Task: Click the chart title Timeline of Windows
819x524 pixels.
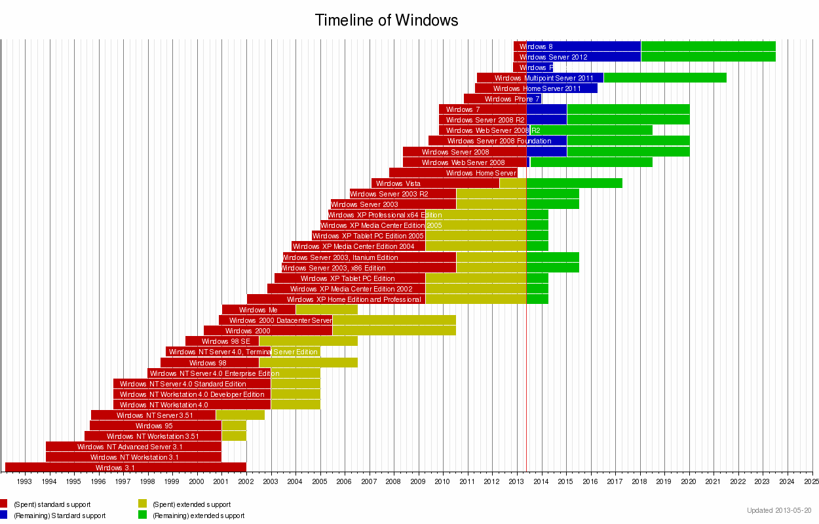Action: [x=387, y=20]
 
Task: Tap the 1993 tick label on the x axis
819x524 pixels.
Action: [x=25, y=481]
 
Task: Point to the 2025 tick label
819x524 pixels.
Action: [x=812, y=481]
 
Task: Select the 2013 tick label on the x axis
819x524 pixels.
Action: [x=516, y=481]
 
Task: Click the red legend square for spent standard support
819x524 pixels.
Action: [x=3, y=504]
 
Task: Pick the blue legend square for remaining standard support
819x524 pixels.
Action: [x=3, y=515]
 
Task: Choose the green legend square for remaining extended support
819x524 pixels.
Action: [x=142, y=515]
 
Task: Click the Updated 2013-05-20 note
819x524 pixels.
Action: [x=779, y=510]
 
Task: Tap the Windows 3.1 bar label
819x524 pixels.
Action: [x=115, y=468]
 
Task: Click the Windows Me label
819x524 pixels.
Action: [x=257, y=310]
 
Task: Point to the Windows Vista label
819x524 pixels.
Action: [x=398, y=183]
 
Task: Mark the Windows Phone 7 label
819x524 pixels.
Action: [x=512, y=99]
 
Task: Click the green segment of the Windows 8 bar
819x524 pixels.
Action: [x=708, y=47]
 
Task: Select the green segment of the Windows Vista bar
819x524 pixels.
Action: [x=574, y=183]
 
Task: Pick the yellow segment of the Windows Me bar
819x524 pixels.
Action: [x=326, y=310]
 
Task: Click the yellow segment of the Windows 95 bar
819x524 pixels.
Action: [x=234, y=426]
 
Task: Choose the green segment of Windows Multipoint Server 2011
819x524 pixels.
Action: [x=664, y=78]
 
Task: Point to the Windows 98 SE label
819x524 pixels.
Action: [x=225, y=341]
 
